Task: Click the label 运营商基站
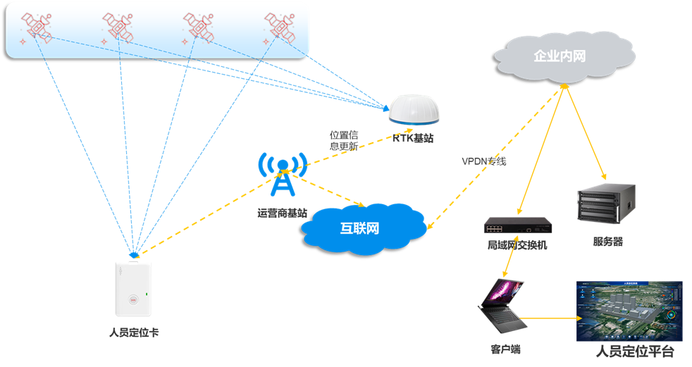[x=282, y=211]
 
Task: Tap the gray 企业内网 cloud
[x=560, y=56]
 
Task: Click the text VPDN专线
[x=484, y=161]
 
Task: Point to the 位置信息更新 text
[x=344, y=140]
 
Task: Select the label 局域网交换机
[x=517, y=246]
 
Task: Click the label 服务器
[x=607, y=242]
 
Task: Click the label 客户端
[x=505, y=349]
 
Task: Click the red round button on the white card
[x=132, y=298]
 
